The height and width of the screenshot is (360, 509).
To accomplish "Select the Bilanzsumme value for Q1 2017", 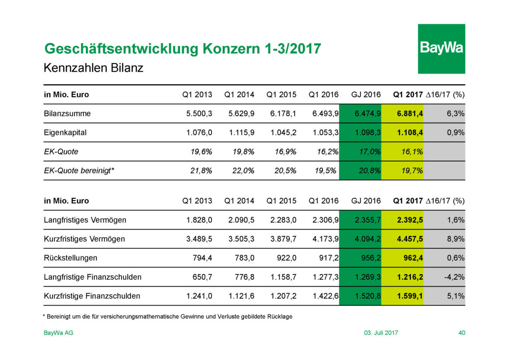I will coord(410,114).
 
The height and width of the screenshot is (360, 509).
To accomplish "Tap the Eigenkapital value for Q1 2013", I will coord(199,133).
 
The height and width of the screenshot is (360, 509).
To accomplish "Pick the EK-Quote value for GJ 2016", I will coord(369,152).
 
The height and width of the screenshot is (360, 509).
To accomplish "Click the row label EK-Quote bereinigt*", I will coord(79,170).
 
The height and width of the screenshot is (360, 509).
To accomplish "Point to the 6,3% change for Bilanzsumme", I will coord(455,114).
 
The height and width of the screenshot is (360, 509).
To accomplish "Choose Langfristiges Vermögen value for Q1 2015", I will coord(283,220).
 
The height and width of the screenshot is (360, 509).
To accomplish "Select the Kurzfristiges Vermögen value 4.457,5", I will coord(410,239).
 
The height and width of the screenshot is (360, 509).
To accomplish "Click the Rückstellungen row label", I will coord(70,258).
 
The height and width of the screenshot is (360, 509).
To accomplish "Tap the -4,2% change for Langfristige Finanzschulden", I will coord(454,277).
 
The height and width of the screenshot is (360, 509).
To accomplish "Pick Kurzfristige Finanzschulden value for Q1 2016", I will coord(325,296).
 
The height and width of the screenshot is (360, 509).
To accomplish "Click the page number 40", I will coord(462,333).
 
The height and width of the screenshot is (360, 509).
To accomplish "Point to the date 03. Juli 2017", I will coord(381,333).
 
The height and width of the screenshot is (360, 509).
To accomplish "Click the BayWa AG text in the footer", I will coord(58,333).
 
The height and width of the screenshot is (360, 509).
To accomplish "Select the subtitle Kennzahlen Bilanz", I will coord(93,68).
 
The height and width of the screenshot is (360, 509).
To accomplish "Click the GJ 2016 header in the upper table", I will coord(366,94).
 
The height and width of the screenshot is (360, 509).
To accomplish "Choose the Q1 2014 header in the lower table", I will coord(239,201).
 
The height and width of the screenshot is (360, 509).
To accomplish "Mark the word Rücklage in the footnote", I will coord(280,317).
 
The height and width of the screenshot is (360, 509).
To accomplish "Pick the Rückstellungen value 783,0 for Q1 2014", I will coord(244,258).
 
